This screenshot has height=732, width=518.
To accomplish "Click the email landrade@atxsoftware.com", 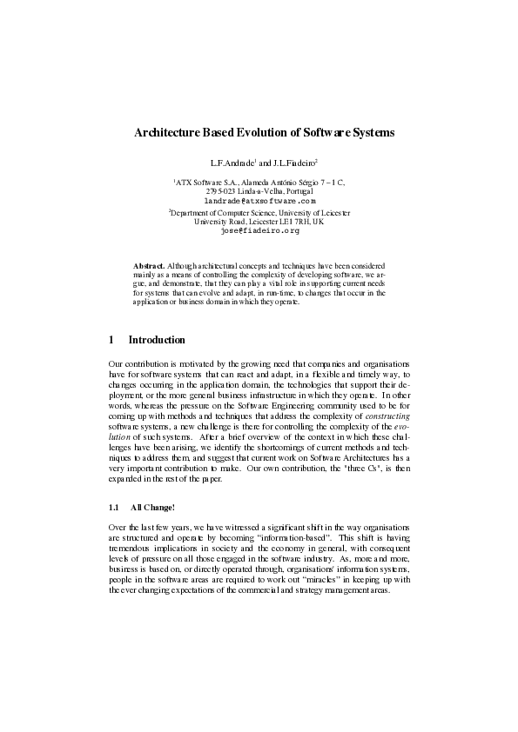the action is click(x=259, y=200).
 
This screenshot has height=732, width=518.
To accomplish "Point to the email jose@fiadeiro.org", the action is click(x=259, y=230).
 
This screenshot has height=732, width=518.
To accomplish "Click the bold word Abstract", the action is click(x=148, y=263).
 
